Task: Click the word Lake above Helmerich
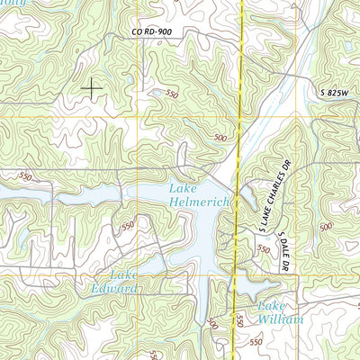click(x=183, y=189)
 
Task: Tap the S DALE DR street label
click(x=284, y=252)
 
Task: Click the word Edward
click(x=112, y=289)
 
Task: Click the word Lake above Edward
click(x=125, y=274)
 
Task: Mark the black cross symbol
click(x=92, y=87)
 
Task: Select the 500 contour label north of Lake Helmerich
click(x=220, y=138)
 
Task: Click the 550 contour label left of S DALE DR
click(x=264, y=249)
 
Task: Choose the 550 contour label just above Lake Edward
click(x=128, y=225)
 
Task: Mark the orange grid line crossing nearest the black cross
click(x=138, y=118)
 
